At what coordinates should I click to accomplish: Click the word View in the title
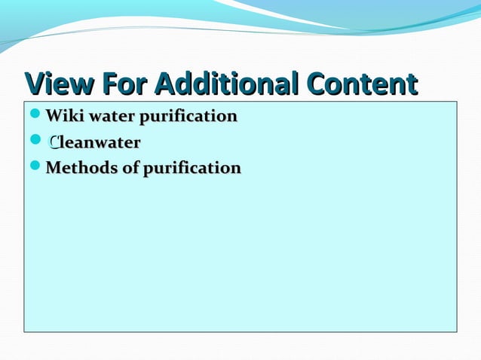60,84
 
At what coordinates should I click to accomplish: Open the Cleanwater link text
93,142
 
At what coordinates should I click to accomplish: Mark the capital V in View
35,84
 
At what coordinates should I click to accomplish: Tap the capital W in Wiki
54,117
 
